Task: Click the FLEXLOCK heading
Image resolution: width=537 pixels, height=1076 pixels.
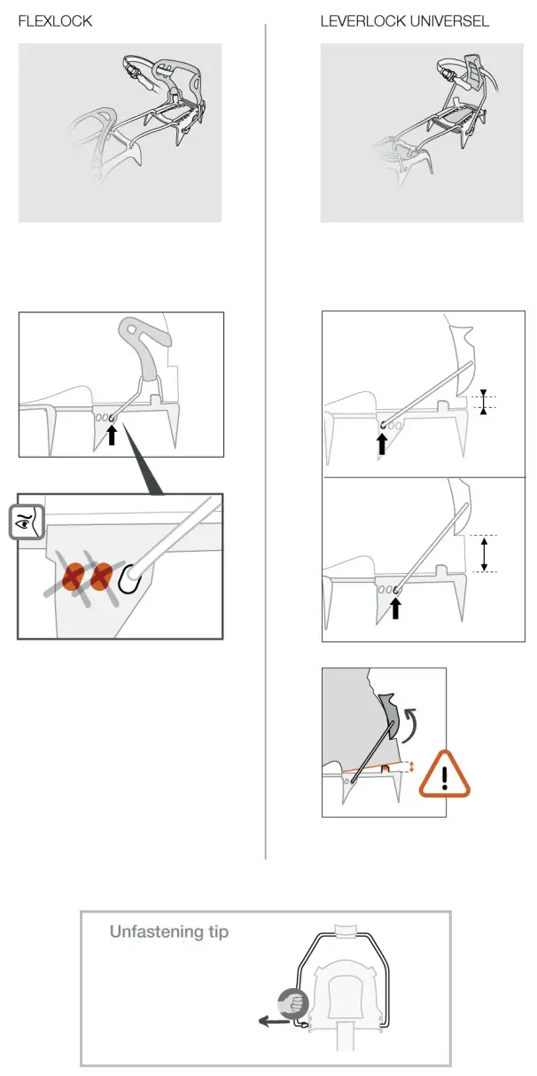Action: pyautogui.click(x=55, y=21)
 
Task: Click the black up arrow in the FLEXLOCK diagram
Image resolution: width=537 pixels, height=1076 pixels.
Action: pyautogui.click(x=112, y=435)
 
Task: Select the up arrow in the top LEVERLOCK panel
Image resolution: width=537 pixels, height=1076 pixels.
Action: pyautogui.click(x=382, y=442)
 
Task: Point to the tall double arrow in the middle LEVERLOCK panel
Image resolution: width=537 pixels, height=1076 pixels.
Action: pyautogui.click(x=484, y=554)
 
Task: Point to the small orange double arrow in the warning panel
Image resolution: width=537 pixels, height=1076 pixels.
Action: pyautogui.click(x=411, y=766)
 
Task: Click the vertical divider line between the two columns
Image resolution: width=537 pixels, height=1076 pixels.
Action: pyautogui.click(x=266, y=444)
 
